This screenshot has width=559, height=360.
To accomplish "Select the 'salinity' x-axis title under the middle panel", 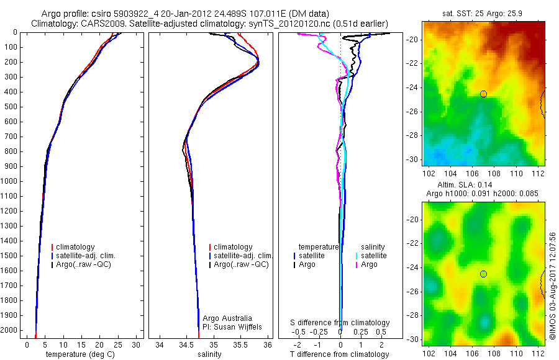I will pos(209,354).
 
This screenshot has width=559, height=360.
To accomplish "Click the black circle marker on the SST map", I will pos(483,94).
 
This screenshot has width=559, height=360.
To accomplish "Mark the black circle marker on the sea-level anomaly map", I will pos(483,274).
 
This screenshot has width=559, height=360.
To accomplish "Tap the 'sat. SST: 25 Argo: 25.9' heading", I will pos(482,14).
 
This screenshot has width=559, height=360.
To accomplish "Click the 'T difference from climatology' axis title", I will pos(340,354).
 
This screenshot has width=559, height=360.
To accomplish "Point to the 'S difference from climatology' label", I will pos(340,323).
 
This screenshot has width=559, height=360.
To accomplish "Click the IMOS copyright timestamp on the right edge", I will pos(552,286).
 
